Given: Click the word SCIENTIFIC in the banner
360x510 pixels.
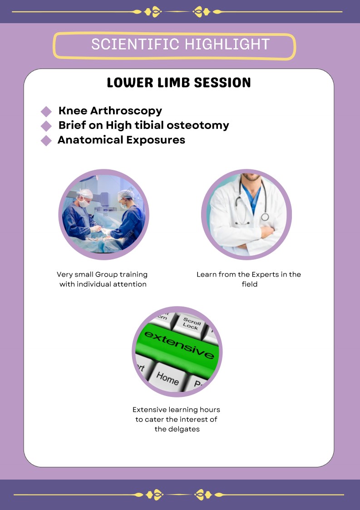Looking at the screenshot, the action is tap(135, 44).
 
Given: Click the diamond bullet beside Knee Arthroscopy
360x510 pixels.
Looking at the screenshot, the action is tap(46, 111).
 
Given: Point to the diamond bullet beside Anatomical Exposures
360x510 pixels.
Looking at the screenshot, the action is tap(46, 140).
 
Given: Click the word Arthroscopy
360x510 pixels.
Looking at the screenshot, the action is tap(126, 111).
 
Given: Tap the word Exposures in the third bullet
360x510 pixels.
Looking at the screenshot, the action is tap(156, 140).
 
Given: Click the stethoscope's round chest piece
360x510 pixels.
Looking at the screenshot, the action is tap(265, 217).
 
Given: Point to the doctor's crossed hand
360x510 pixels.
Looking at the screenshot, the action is tap(267, 232).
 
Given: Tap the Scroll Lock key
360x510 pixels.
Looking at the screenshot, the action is tap(191, 324).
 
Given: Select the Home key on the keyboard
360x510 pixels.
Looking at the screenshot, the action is tap(167, 378).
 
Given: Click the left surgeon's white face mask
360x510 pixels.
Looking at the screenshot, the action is tap(84, 203).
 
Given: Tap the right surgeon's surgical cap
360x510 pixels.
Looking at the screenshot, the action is tap(126, 194).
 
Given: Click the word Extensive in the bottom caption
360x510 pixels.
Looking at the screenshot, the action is tap(149, 410).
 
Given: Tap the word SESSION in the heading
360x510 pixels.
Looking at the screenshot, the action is tap(222, 83).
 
